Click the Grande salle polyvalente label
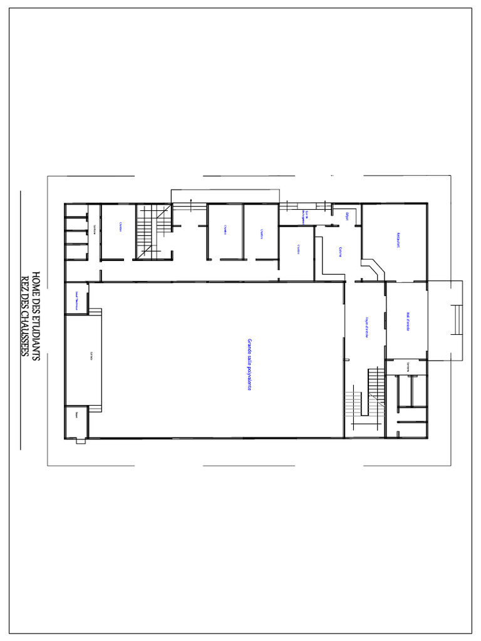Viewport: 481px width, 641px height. [249, 365]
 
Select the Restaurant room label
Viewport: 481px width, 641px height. [398, 241]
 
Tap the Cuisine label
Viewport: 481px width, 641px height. [340, 252]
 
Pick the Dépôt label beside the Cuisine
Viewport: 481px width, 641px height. [347, 216]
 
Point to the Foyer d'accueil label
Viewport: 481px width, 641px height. [366, 327]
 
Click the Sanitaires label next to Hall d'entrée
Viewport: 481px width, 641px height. [408, 368]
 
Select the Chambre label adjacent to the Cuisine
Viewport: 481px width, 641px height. [298, 249]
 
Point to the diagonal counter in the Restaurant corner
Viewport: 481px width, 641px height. [377, 270]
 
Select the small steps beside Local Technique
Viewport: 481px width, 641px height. [95, 312]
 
